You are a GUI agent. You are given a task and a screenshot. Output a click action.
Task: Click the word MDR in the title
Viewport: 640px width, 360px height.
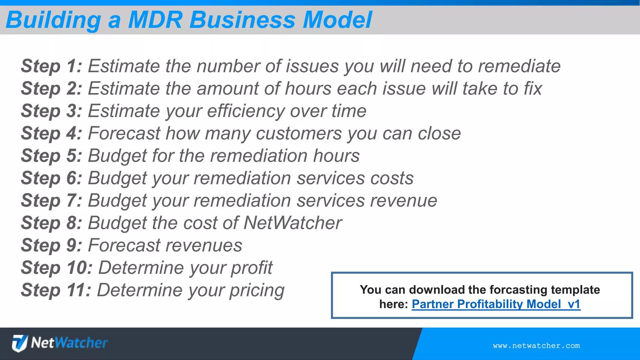(155, 20)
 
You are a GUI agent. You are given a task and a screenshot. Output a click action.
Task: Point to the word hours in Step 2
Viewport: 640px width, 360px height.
(308, 88)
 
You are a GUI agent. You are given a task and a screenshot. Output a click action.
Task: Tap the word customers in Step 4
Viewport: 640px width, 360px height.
(299, 133)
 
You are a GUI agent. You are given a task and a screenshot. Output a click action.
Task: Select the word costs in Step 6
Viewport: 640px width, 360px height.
(392, 178)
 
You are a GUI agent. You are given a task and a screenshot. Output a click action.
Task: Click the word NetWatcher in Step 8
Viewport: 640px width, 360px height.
(292, 223)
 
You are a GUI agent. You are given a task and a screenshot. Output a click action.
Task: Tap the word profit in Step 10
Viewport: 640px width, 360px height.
(252, 268)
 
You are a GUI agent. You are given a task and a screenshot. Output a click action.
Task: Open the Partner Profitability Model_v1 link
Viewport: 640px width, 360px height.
(496, 304)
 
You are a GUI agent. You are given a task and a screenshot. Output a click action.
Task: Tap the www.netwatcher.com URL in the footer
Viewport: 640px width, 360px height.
(536, 346)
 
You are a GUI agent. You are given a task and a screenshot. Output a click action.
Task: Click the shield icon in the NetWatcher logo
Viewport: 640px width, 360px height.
(20, 343)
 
